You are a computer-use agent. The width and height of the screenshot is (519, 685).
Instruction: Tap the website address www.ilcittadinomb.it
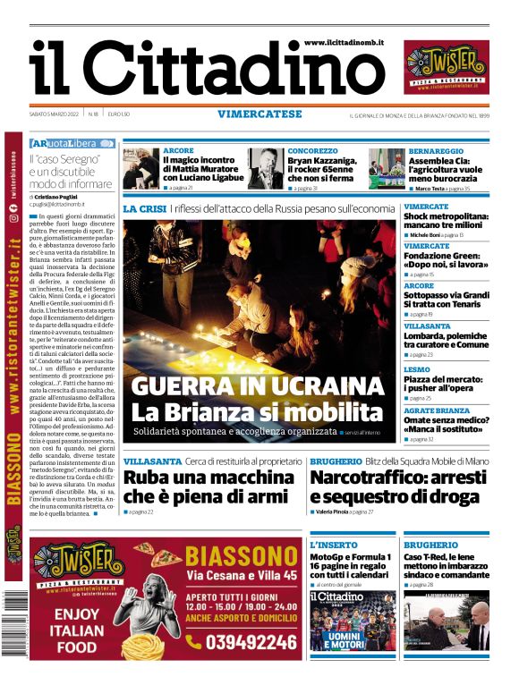click(x=344, y=42)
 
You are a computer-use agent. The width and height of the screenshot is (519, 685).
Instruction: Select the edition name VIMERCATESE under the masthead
click(x=259, y=114)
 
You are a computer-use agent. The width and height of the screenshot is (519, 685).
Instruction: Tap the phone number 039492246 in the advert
click(x=240, y=641)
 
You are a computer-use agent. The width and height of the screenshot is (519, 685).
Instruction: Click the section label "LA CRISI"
click(x=144, y=208)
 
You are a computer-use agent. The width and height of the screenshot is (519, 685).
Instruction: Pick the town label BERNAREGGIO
click(x=436, y=152)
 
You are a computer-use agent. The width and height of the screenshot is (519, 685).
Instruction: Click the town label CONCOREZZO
click(x=313, y=151)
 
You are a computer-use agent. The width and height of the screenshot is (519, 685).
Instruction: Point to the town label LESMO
click(x=417, y=368)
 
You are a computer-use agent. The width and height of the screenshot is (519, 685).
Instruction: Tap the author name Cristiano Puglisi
click(x=66, y=196)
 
